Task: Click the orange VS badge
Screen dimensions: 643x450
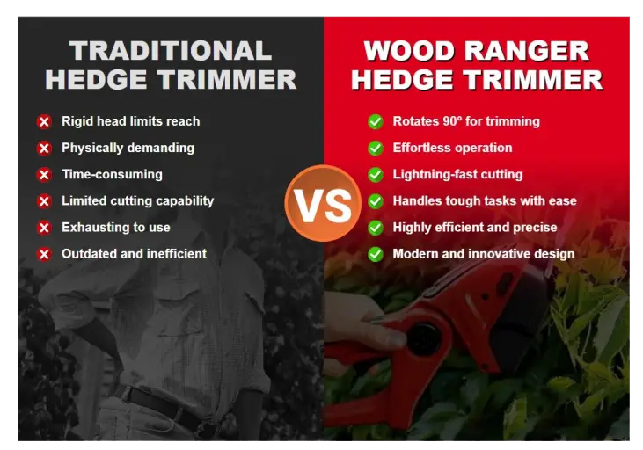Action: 323,203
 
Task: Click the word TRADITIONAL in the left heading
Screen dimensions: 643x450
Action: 171,51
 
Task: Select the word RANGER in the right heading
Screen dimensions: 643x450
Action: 527,51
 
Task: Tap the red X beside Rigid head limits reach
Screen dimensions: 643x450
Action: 44,121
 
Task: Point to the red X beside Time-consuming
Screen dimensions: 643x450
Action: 44,175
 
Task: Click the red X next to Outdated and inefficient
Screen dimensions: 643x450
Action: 44,254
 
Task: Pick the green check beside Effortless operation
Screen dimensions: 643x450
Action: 376,148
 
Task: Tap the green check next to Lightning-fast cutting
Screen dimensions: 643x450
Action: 376,175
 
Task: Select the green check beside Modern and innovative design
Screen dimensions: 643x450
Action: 376,254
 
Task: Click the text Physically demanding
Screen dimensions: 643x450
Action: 128,148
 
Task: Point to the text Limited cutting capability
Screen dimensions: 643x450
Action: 138,200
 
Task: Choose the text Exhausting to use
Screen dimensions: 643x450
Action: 116,227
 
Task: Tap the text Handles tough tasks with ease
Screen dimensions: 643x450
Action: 485,200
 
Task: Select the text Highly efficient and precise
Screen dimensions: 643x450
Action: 475,228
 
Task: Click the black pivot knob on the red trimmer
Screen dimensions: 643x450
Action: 424,338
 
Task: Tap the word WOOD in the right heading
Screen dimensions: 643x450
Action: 409,51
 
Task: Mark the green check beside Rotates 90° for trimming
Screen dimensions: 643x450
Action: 376,121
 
